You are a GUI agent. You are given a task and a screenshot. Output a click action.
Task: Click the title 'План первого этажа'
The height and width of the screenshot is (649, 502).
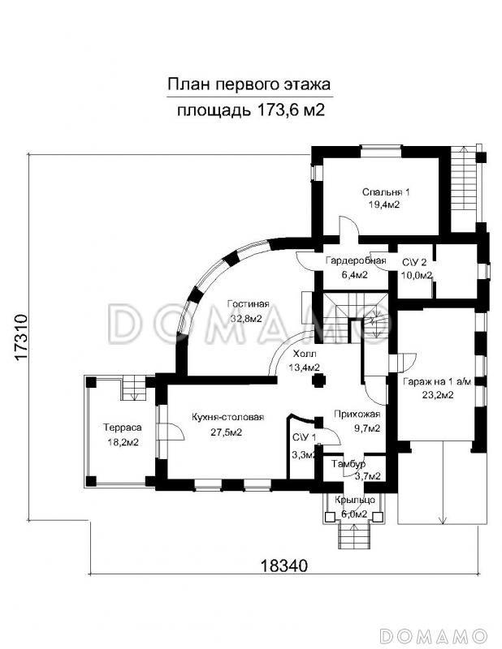click(x=250, y=84)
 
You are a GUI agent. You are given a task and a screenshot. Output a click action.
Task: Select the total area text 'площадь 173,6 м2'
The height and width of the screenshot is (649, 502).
click(x=250, y=110)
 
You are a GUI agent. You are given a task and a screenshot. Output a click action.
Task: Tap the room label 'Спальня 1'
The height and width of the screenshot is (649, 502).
click(x=387, y=192)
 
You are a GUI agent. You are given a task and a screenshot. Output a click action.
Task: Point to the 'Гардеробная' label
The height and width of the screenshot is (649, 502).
click(x=355, y=261)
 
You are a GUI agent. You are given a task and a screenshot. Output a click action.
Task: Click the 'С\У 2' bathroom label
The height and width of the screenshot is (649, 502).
click(x=414, y=261)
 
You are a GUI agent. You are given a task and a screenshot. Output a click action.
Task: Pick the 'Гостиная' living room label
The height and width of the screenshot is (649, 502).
click(x=246, y=305)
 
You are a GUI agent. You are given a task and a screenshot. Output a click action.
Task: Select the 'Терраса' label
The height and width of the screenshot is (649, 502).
click(x=120, y=428)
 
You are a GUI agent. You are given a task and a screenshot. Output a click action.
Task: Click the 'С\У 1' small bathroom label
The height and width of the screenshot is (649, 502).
click(x=305, y=438)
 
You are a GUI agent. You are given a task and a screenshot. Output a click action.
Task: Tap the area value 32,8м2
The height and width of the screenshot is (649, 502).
click(x=246, y=319)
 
